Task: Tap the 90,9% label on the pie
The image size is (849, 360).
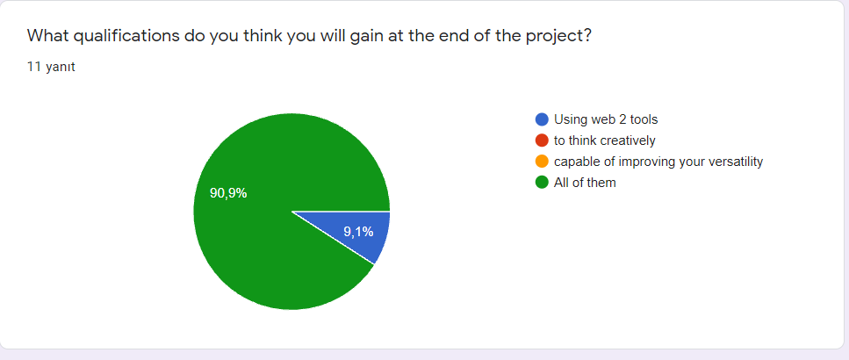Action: coord(228,193)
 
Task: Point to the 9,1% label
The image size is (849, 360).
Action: coord(358,232)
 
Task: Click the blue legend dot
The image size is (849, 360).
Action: coord(542,119)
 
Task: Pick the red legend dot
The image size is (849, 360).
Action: coord(542,140)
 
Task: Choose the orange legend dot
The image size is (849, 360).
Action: coord(542,162)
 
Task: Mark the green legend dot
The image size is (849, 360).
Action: coord(542,183)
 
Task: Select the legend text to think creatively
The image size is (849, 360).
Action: coord(604,140)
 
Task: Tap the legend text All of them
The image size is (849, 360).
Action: coord(585,183)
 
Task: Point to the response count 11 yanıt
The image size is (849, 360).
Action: coord(51,67)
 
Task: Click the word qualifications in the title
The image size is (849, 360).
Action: coord(121,36)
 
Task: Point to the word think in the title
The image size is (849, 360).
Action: coord(258,36)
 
